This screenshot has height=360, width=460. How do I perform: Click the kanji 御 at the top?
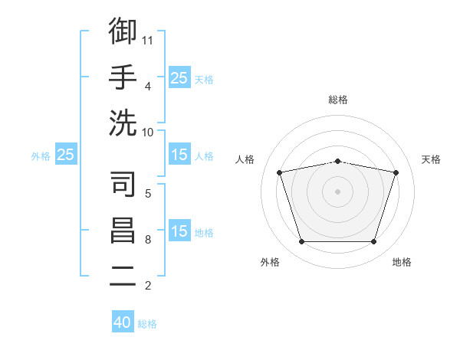click(x=123, y=31)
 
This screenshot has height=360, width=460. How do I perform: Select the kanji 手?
click(x=123, y=77)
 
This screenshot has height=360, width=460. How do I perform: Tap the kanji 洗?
click(x=123, y=123)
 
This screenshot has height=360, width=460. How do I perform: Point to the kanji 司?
click(x=123, y=184)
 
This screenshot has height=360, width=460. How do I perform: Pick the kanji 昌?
click(x=123, y=230)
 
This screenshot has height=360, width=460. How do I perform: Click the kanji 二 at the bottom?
click(x=123, y=276)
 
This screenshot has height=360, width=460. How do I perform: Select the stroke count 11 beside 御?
click(x=147, y=41)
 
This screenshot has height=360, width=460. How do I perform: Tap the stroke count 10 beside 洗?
click(x=147, y=133)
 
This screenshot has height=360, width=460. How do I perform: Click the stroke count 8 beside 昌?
click(x=148, y=240)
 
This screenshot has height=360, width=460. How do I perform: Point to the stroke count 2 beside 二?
click(x=148, y=286)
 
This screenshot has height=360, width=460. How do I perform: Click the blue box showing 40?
click(x=123, y=321)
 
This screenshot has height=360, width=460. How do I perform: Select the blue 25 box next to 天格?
click(x=179, y=77)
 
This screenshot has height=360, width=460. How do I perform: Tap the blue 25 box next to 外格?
click(x=66, y=154)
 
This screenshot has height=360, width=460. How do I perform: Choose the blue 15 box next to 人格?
click(x=179, y=154)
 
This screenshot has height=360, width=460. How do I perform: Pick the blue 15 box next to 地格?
click(x=179, y=230)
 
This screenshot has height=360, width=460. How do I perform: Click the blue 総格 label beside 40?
click(x=147, y=324)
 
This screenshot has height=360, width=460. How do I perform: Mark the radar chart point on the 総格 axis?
click(x=337, y=162)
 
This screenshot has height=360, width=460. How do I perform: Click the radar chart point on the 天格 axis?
click(x=396, y=172)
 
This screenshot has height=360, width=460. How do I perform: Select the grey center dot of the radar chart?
click(x=337, y=191)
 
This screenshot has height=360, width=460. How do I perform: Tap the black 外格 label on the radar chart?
click(x=270, y=262)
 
